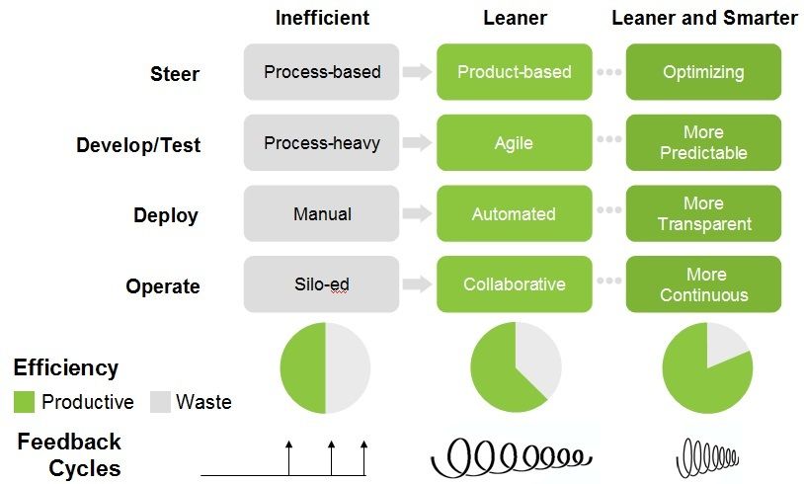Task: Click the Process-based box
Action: pos(322,72)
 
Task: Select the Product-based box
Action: pos(514,72)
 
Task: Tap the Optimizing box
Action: pos(703,72)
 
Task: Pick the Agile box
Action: pos(514,143)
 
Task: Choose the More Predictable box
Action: pos(703,143)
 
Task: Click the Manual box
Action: pos(322,214)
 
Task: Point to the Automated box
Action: pos(514,214)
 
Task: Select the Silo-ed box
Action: pos(322,284)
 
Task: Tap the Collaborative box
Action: pos(514,284)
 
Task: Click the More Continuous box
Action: pos(703,284)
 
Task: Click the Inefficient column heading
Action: pos(322,18)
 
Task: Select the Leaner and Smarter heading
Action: pos(704,18)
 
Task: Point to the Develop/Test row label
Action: pos(138,145)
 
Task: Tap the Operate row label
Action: pos(163,286)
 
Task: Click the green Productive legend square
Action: pos(24,402)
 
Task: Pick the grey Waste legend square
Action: pos(160,402)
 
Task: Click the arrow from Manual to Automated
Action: pos(418,214)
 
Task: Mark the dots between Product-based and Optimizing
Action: pos(609,72)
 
